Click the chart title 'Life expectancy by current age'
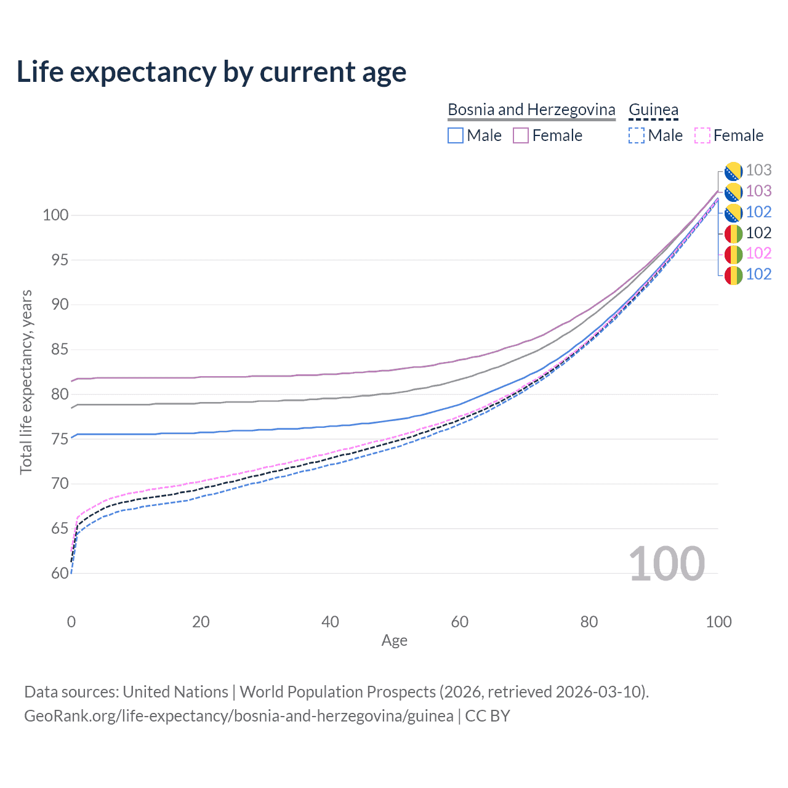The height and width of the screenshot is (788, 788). point(211,72)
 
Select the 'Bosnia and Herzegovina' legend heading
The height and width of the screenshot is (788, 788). point(531,110)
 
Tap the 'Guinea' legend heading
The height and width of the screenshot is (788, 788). point(653,110)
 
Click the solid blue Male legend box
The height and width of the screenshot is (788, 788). point(455,135)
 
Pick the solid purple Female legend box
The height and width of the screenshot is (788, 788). point(521,135)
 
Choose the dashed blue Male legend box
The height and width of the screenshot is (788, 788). point(637,135)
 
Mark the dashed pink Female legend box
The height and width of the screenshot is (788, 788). point(702,135)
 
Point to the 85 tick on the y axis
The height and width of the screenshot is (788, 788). point(60,350)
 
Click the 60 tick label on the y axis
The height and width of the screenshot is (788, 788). point(60,573)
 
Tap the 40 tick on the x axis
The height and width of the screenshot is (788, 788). point(330,622)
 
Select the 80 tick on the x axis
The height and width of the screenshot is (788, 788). point(589,622)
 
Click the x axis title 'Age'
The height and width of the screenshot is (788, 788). point(394,640)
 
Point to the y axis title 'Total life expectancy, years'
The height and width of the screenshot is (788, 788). point(26,382)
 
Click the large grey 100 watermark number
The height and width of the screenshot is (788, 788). point(667,564)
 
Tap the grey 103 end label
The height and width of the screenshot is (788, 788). point(758,170)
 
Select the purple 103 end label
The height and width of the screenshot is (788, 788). point(758,191)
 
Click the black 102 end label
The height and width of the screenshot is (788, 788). point(758,233)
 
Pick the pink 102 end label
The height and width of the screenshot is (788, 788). point(758,253)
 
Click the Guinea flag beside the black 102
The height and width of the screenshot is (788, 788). point(733,234)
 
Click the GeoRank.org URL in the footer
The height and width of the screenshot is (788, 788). point(239,716)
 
